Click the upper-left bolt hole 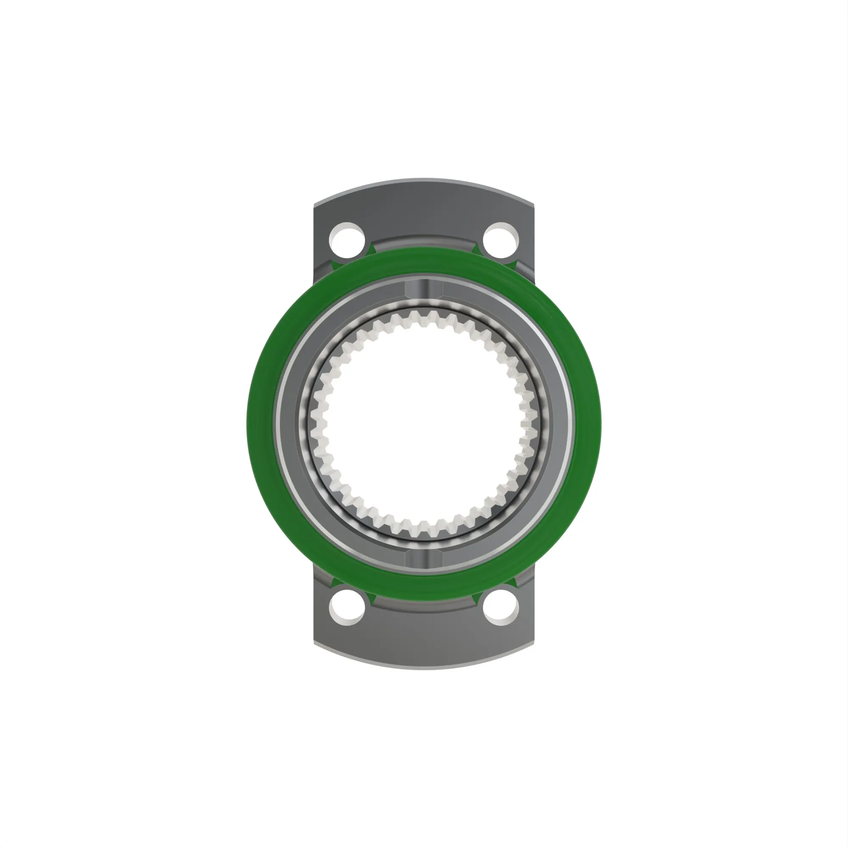(x=347, y=240)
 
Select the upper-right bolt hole (x=501, y=240)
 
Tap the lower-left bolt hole (x=347, y=608)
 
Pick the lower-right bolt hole (x=501, y=608)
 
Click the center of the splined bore (x=424, y=424)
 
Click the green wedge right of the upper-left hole (x=371, y=249)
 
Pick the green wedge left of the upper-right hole (x=477, y=249)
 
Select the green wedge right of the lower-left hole (x=371, y=599)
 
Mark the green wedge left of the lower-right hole (x=477, y=599)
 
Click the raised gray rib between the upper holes (x=424, y=242)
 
